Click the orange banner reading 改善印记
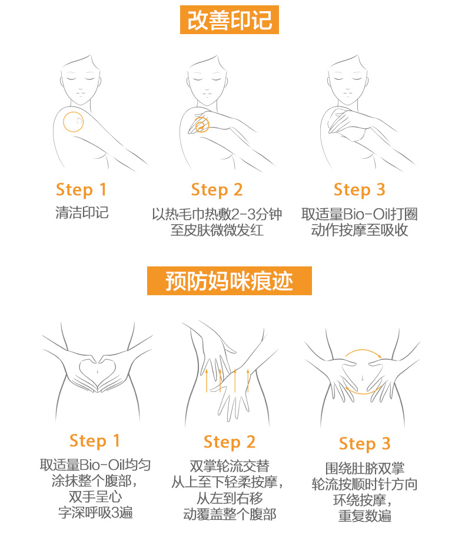(229, 20)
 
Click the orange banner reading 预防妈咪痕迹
(229, 281)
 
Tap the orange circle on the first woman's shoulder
(73, 122)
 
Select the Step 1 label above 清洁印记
(81, 190)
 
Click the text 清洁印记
(82, 213)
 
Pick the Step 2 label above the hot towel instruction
(217, 190)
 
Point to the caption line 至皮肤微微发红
(217, 230)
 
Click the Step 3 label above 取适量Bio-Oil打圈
(359, 190)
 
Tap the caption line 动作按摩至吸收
(359, 230)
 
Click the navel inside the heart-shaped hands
(97, 371)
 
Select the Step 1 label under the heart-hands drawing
(95, 441)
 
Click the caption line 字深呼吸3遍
(95, 512)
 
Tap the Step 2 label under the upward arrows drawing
(230, 442)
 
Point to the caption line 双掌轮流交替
(230, 466)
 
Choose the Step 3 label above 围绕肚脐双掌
(364, 444)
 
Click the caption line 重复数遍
(364, 516)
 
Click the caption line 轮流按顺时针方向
(364, 484)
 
